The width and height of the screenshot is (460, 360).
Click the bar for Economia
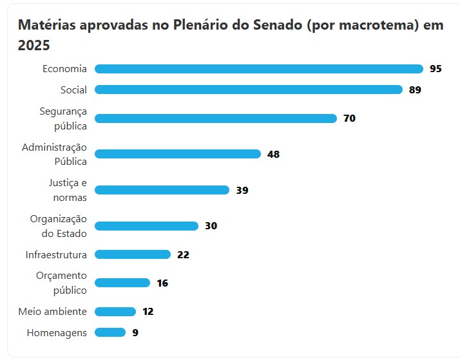[x=258, y=69]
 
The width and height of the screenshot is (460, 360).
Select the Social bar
[x=248, y=90]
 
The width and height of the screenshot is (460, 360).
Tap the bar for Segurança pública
[x=216, y=118]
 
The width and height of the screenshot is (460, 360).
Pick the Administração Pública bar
[x=178, y=154]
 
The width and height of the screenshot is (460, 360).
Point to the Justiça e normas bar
[x=162, y=190]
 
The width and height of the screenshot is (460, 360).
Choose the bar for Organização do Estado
[x=146, y=226]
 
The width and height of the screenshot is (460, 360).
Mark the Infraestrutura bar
[x=133, y=254]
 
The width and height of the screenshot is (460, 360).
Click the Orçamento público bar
[x=122, y=283]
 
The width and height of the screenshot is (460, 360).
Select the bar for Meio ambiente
[x=115, y=312]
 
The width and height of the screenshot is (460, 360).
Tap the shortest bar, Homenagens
[x=110, y=332]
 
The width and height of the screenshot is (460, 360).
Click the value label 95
[x=436, y=69]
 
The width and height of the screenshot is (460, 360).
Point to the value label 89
[x=415, y=90]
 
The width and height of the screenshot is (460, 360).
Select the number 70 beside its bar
[x=349, y=118]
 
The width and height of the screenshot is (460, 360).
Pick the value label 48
[x=273, y=154]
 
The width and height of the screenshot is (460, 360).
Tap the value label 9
[x=135, y=332]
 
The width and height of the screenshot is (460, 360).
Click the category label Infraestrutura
[x=56, y=254]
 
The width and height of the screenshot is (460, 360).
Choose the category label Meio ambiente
[x=52, y=312]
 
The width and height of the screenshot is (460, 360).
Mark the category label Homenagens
[x=57, y=332]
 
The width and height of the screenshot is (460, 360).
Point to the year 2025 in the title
[x=34, y=46]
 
